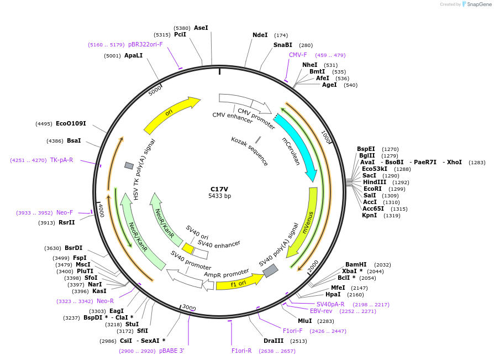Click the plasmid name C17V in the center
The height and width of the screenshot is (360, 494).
(x=219, y=189)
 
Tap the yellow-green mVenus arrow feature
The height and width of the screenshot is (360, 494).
(x=305, y=221)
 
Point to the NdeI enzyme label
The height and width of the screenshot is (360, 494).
(x=260, y=35)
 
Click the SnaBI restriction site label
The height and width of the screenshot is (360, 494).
(x=282, y=45)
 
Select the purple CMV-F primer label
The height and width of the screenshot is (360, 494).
(x=298, y=55)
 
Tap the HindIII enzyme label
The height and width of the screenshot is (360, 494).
(x=375, y=182)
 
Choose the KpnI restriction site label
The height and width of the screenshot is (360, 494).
(x=370, y=215)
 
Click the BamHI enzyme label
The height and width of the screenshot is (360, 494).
(x=356, y=264)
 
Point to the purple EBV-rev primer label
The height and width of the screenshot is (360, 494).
(x=321, y=311)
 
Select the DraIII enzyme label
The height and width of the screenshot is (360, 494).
(x=274, y=341)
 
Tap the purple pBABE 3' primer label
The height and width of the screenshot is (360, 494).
(x=171, y=351)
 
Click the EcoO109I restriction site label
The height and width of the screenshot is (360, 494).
(x=71, y=123)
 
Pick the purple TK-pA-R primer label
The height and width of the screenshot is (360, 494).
(x=61, y=160)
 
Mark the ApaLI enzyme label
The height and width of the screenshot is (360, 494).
(x=133, y=55)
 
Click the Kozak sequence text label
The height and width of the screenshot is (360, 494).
(x=250, y=151)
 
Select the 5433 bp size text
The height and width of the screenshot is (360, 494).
(x=219, y=196)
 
